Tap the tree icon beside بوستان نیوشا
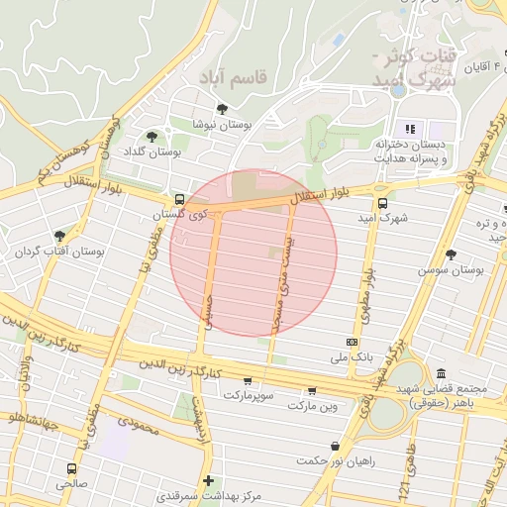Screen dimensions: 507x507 (x=220, y=109)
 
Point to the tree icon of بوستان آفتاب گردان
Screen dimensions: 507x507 (x=59, y=236)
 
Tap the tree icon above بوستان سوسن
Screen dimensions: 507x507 (x=451, y=253)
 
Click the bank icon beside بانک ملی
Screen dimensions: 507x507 (x=354, y=342)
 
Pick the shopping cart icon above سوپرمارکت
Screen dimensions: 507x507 (x=247, y=380)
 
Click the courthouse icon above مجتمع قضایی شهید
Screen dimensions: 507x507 (x=441, y=373)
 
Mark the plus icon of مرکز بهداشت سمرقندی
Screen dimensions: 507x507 (x=208, y=481)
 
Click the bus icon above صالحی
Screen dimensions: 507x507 (x=70, y=468)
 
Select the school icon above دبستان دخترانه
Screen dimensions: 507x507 (x=409, y=129)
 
